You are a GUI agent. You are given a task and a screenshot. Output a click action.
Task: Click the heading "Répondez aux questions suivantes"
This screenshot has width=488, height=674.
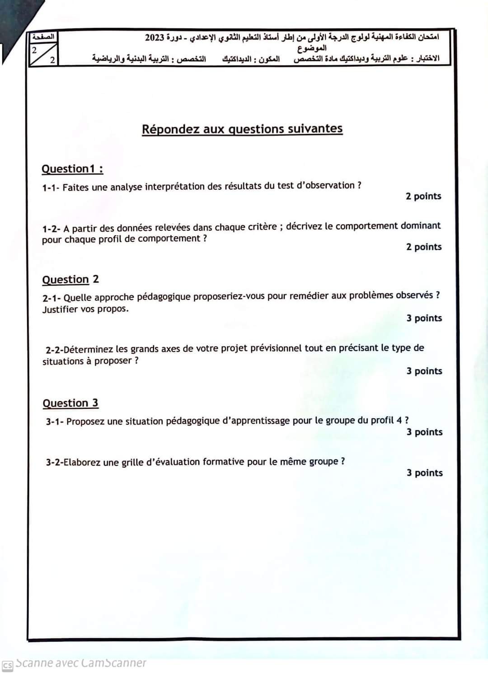pos(242,129)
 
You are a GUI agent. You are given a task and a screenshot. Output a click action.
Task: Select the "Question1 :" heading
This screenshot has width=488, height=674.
pos(72,169)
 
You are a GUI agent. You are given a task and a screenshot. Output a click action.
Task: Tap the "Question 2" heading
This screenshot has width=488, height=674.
pos(70,280)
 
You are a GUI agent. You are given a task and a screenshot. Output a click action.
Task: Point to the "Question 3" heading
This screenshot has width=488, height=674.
pos(70,403)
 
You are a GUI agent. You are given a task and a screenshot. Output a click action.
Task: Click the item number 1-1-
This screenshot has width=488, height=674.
pos(51,188)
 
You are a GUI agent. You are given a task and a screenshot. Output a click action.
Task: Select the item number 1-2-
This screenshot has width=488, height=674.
pos(51,229)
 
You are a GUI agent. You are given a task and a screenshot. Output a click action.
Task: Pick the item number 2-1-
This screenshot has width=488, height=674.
pos(52,298)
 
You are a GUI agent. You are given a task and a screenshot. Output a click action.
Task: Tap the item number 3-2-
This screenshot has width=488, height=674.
pos(54,463)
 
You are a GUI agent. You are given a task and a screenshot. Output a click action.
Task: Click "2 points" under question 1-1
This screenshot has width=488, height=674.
pos(423,197)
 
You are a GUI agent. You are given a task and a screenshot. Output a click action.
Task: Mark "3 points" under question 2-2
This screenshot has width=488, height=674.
pos(424,371)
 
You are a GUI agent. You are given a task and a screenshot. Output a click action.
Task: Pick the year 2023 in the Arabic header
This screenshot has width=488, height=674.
pos(154,37)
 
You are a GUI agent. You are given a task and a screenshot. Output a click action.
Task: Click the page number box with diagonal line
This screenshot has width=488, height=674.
pos(43,54)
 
